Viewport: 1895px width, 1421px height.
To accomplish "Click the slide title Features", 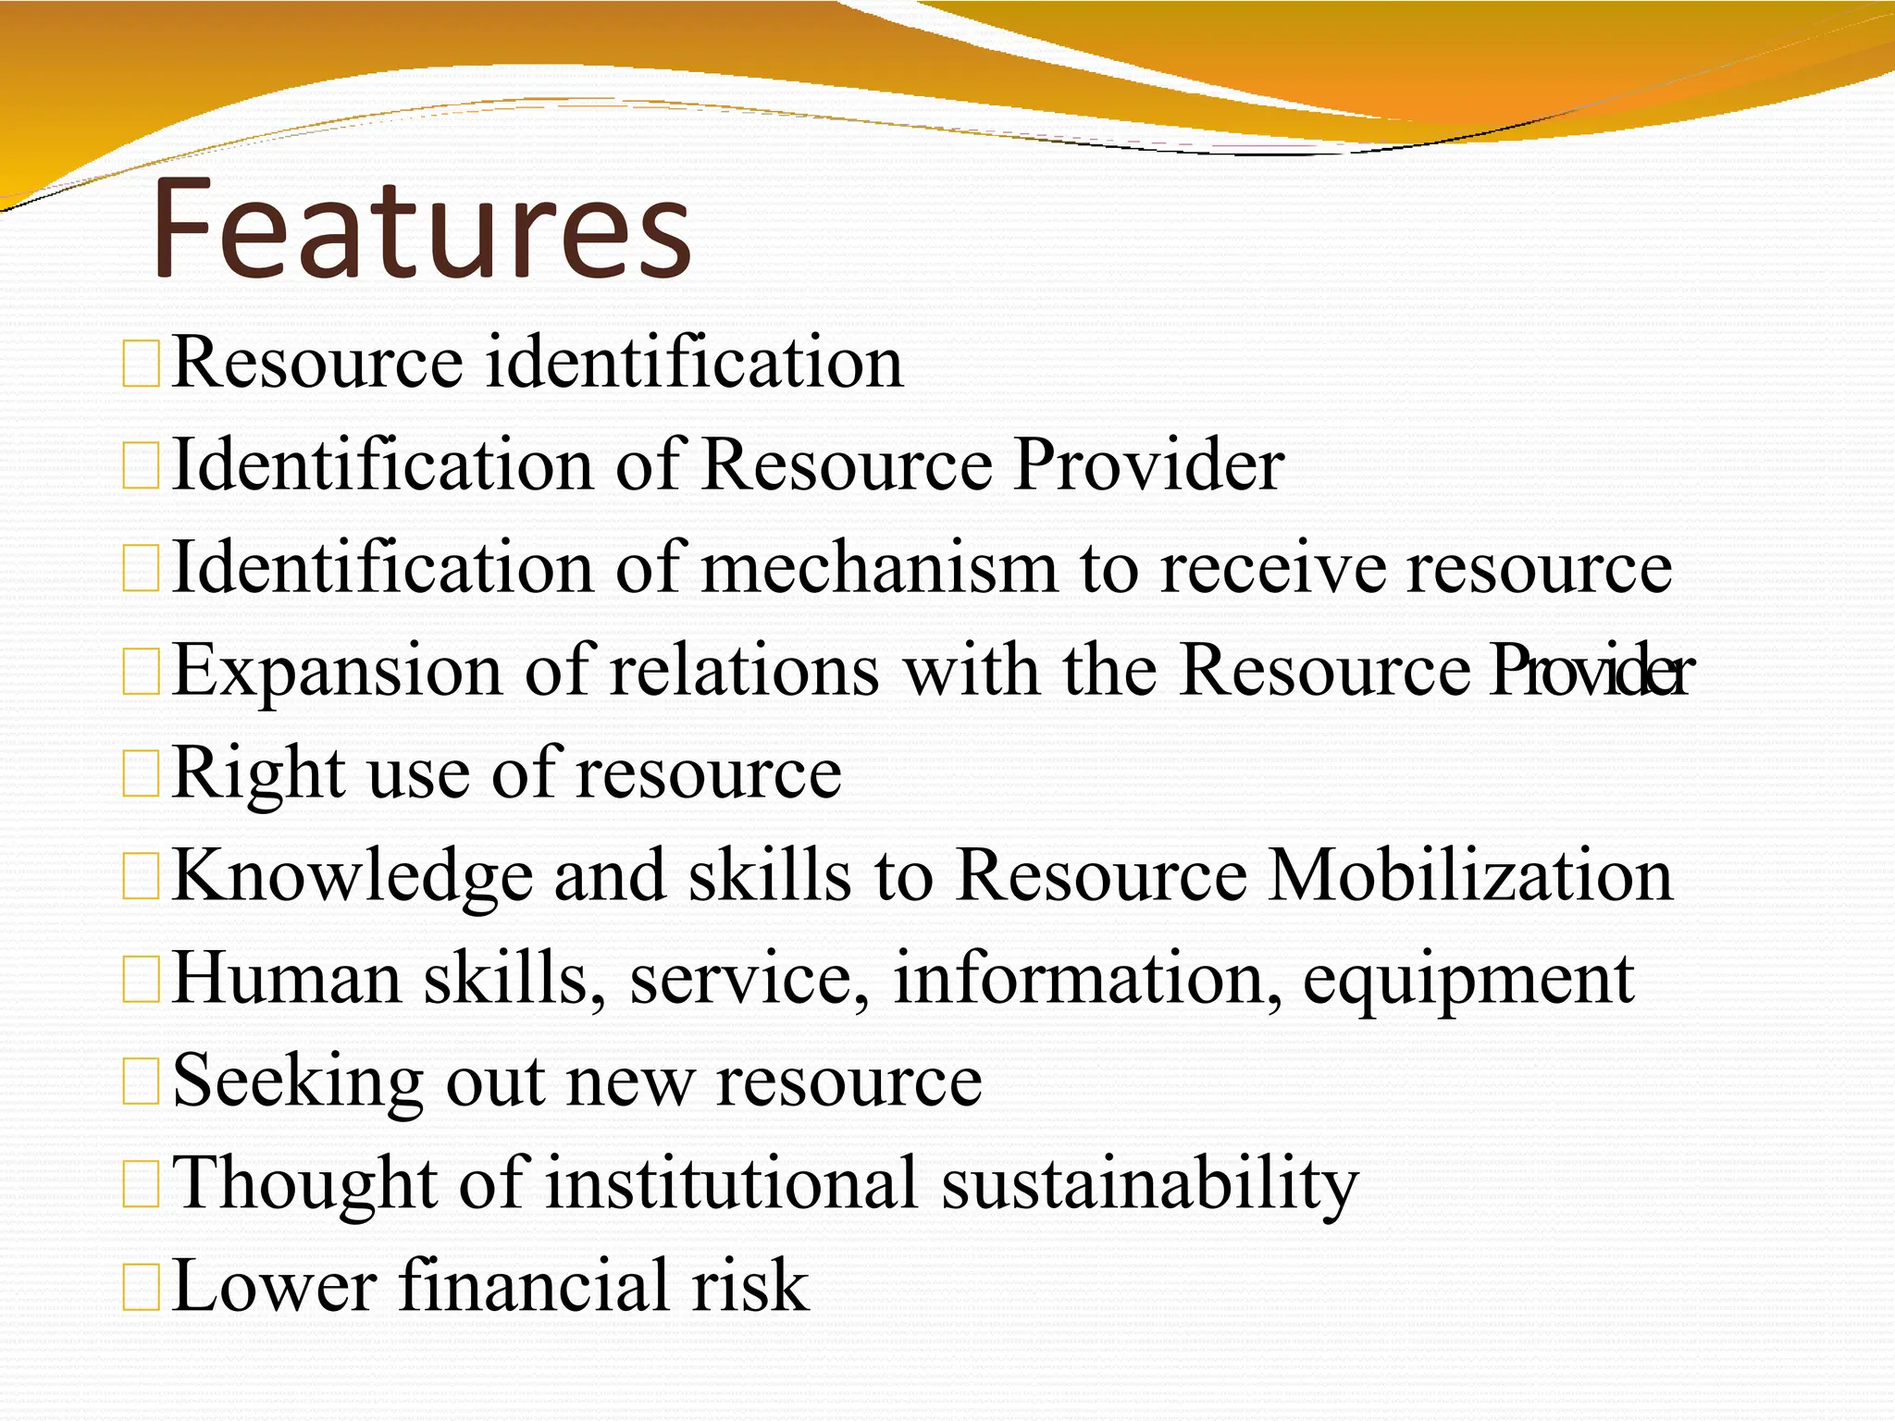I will coord(421,229).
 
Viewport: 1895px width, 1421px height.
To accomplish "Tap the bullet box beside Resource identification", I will coord(142,364).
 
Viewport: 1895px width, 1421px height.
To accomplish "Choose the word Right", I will coord(258,773).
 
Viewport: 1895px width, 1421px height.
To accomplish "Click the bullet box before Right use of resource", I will coord(142,774).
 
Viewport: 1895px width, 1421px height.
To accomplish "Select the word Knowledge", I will coord(353,876).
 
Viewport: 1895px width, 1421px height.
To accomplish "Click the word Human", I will coord(287,978).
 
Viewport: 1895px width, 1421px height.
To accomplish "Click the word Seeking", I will coord(298,1082).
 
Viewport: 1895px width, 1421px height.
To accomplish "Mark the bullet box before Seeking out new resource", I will coord(142,1082).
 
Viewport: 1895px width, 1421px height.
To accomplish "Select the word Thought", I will coord(305,1184).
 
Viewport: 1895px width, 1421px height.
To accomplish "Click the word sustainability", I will coord(1150,1184).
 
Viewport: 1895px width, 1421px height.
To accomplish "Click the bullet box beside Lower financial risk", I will coord(142,1288).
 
